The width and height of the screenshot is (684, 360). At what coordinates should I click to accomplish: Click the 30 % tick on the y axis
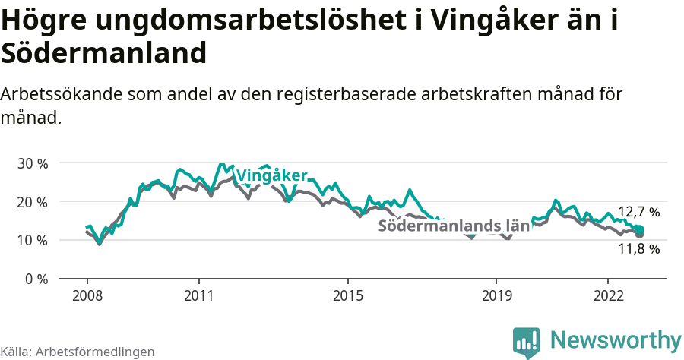tap(32, 163)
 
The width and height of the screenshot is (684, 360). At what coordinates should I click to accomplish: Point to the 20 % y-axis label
tap(32, 202)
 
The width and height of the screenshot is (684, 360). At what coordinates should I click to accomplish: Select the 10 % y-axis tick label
tap(32, 240)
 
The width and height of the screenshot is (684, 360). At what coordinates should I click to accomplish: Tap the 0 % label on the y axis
tap(36, 279)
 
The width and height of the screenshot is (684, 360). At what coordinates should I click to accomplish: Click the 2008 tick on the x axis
tap(87, 295)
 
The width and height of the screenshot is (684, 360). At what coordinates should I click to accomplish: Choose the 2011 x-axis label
tap(198, 295)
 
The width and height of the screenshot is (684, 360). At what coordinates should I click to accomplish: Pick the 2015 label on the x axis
tap(347, 295)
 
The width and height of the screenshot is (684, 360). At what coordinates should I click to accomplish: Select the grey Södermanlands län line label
tap(453, 226)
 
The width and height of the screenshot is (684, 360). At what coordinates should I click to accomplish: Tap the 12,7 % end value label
tap(638, 212)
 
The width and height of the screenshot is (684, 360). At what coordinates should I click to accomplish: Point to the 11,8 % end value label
tap(638, 248)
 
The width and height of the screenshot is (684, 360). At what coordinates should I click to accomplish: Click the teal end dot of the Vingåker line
tap(639, 229)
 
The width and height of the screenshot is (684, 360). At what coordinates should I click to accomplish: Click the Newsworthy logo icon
tap(527, 342)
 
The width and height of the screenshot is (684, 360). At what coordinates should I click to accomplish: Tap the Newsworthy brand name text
tap(616, 339)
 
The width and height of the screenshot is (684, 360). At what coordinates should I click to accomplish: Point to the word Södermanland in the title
tap(104, 54)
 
